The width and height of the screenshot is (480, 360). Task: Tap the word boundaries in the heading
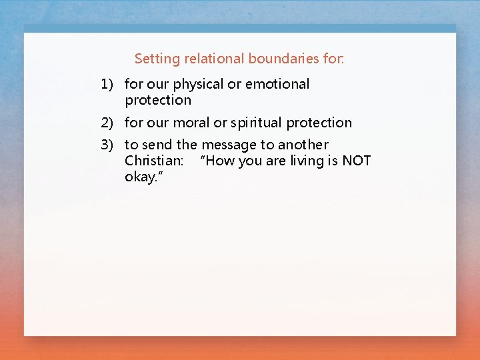click(x=283, y=59)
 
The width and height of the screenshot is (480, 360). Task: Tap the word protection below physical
click(x=158, y=101)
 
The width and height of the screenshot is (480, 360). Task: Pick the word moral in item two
click(x=191, y=123)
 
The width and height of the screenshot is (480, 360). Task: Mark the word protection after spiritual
click(x=319, y=123)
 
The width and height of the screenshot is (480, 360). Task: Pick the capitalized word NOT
click(x=356, y=161)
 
